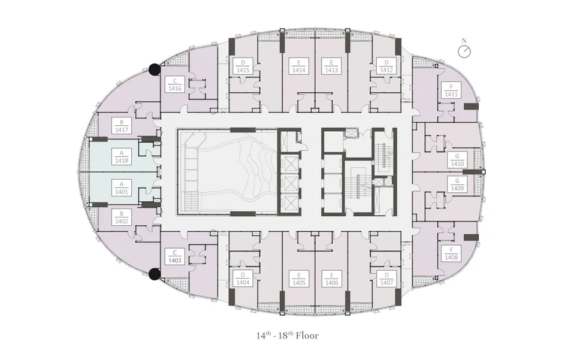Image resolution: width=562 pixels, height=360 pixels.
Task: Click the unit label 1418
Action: coord(122,157)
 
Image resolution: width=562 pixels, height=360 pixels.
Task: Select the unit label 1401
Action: coord(122,188)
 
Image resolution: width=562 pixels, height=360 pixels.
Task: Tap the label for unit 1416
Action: coord(174,84)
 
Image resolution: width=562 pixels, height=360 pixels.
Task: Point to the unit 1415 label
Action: coord(243,66)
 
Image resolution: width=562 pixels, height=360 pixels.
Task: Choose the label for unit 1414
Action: coord(298,66)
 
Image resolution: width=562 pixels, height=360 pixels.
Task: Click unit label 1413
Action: coord(331,66)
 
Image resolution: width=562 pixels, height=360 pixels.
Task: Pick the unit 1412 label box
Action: coord(386,66)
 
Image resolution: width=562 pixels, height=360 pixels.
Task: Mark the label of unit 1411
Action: coord(451,90)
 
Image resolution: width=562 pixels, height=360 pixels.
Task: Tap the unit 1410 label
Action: coord(457,160)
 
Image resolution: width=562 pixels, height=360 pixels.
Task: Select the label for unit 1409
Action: coord(457,184)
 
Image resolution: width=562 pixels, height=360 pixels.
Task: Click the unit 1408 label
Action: coord(451,253)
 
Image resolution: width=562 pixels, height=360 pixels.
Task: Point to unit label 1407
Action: coord(386,279)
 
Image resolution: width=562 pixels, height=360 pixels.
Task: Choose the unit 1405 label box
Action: coord(299,279)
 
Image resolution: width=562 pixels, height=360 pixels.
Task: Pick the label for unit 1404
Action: coord(243,279)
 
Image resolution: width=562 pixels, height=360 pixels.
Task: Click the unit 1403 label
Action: coord(174,256)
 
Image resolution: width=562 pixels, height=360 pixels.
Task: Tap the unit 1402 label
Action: coord(122,217)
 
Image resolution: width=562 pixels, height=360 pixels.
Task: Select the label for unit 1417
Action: coord(122,126)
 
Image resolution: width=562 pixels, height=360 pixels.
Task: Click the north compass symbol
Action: coord(464,50)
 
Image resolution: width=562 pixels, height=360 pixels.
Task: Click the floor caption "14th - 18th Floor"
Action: coord(288,335)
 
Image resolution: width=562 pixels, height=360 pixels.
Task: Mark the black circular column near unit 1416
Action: coord(155,69)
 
